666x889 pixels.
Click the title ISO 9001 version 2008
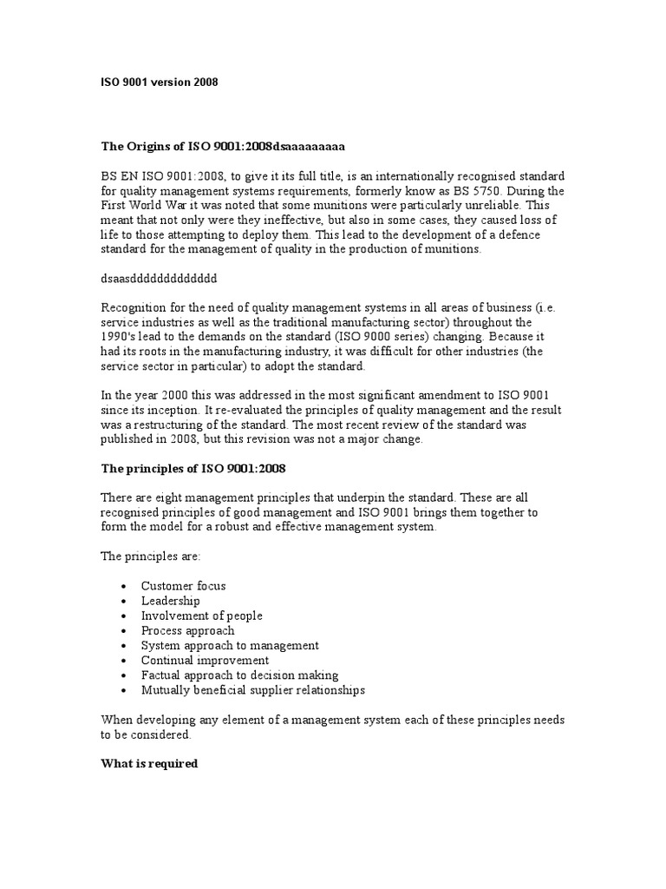[x=160, y=82]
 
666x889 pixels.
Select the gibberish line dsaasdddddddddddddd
[x=159, y=280]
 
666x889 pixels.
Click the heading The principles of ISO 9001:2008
[x=193, y=469]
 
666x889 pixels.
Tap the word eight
[x=176, y=497]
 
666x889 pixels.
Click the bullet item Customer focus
[x=184, y=586]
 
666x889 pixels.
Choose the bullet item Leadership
[x=171, y=601]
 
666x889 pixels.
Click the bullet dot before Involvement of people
[x=126, y=616]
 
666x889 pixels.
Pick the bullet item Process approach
[x=188, y=630]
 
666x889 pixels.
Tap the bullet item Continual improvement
[x=205, y=661]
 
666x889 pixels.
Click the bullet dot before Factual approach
[x=126, y=675]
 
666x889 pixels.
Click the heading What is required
[x=150, y=764]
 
